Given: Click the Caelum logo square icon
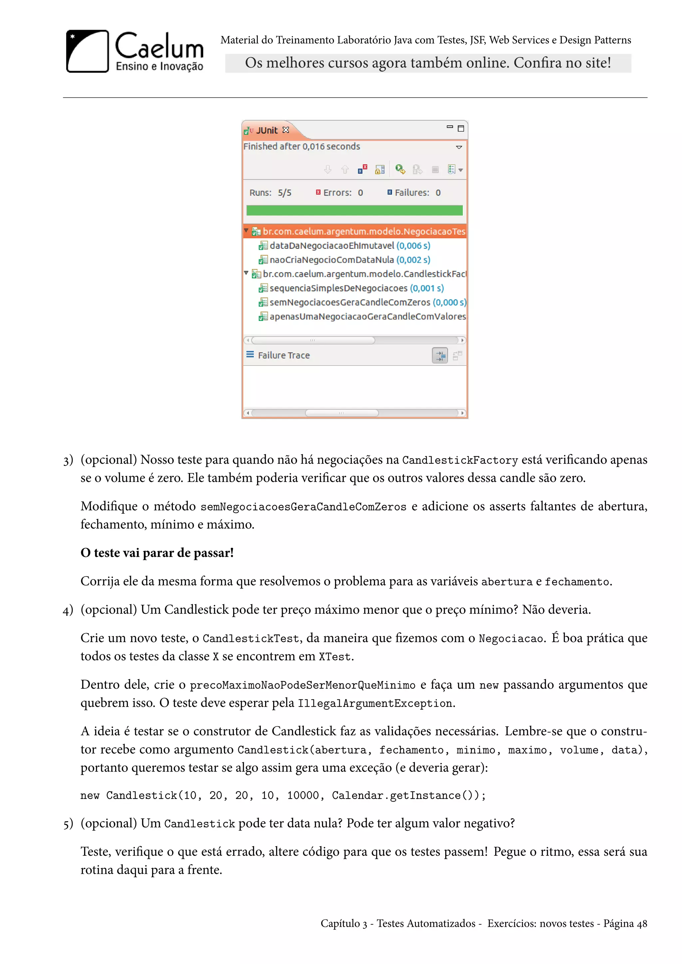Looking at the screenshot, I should click(87, 51).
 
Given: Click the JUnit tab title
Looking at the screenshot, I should click(267, 130).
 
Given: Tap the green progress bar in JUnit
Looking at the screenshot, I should click(354, 210).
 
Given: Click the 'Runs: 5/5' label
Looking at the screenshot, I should click(270, 193).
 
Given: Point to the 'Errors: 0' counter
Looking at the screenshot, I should click(340, 193).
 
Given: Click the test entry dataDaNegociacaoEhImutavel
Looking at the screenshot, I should click(332, 246).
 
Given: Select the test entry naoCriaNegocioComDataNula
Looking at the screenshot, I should click(332, 260).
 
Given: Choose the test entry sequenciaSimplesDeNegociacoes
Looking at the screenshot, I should click(338, 288).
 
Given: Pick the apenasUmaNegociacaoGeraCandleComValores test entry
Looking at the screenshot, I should click(367, 317).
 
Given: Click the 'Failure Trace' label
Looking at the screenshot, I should click(283, 355).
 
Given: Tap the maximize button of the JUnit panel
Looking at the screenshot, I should click(461, 128).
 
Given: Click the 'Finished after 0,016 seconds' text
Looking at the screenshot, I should click(301, 146).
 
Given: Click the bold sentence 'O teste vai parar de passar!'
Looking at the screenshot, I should click(157, 553).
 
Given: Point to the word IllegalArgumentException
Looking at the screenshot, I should click(375, 703).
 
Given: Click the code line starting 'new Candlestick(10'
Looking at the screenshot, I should click(283, 796).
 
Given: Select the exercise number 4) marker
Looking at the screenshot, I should click(68, 610).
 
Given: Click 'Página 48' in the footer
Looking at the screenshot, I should click(625, 923).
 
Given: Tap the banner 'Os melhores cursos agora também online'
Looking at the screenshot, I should click(428, 63).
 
